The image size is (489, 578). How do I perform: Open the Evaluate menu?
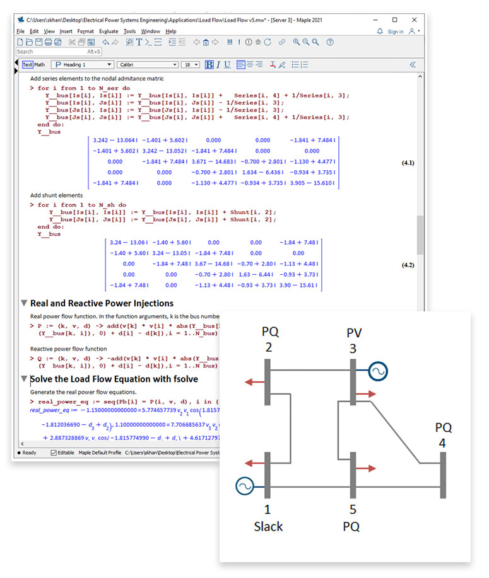[x=108, y=31]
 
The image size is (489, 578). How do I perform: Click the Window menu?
[x=150, y=31]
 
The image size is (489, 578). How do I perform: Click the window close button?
[x=414, y=20]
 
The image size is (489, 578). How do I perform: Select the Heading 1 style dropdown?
[x=82, y=64]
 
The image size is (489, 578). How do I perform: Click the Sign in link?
[x=395, y=32]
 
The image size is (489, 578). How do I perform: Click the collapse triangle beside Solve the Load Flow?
[x=24, y=379]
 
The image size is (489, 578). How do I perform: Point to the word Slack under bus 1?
[x=268, y=526]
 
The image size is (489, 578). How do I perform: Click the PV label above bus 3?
[x=353, y=332]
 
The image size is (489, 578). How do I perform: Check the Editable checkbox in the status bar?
[x=53, y=453]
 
